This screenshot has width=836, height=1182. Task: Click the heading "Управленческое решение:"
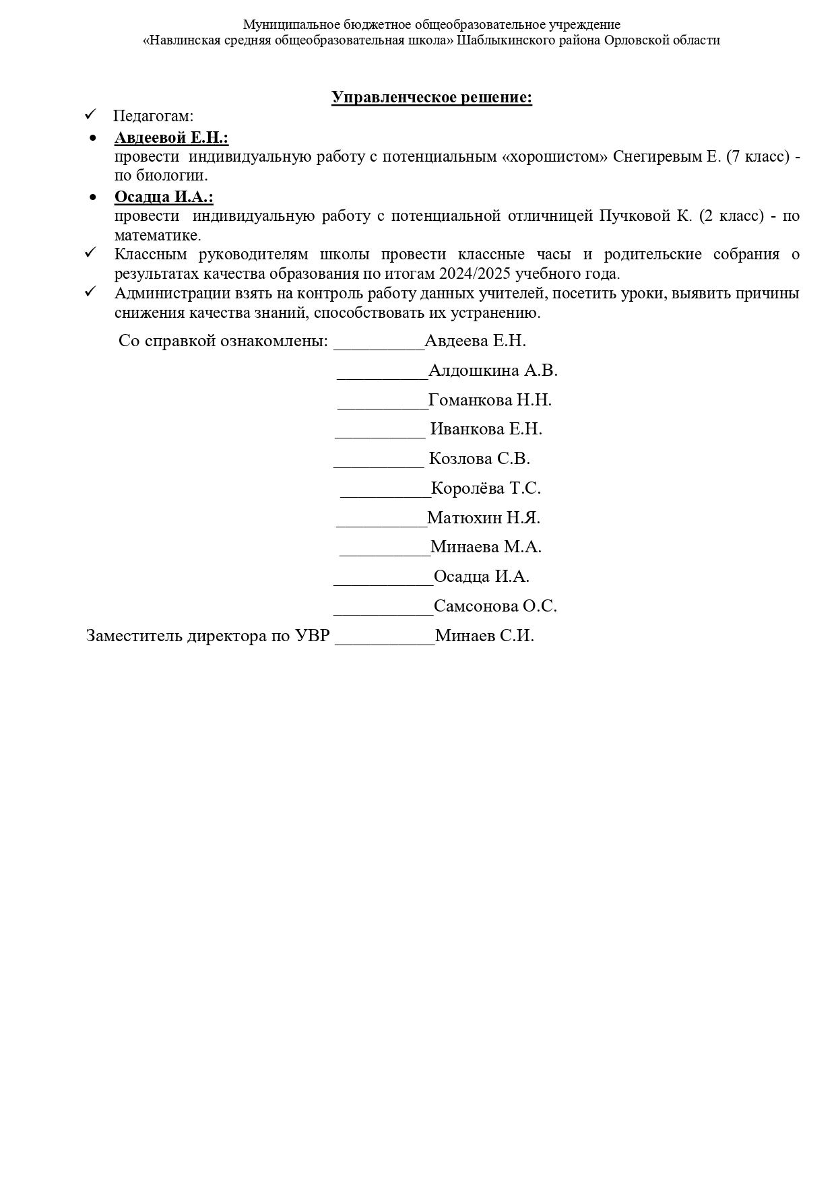point(431,98)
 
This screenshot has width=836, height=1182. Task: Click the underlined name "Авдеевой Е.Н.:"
point(171,138)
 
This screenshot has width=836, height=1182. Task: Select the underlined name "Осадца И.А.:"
point(164,197)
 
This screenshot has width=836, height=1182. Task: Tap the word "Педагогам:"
point(153,116)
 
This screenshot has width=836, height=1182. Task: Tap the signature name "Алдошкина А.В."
point(492,370)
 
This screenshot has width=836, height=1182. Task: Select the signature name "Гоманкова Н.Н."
point(490,400)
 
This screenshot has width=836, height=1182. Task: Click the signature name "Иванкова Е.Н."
point(486,429)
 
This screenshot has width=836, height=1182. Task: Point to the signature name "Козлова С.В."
point(479,459)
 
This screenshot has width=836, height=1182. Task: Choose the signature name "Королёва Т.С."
point(486,488)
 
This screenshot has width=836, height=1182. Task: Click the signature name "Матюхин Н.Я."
point(483,518)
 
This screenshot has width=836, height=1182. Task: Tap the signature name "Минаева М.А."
point(486,547)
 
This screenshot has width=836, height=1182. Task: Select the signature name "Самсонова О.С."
point(495,606)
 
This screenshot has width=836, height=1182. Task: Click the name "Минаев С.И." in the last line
point(484,636)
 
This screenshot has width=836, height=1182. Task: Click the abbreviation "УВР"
point(312,636)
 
